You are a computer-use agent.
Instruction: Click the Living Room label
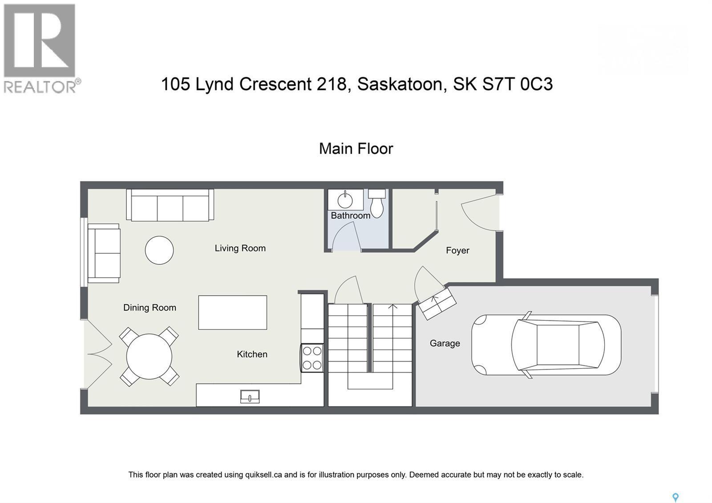[240, 248]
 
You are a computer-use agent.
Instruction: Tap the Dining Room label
[150, 308]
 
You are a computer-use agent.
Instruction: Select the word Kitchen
[252, 354]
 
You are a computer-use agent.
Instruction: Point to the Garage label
[445, 343]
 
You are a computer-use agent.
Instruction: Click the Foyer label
[457, 251]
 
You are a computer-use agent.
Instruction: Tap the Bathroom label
[350, 215]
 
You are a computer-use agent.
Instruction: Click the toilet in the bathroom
[377, 204]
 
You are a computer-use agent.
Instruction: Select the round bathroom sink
[345, 200]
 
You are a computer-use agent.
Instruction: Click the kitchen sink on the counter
[250, 396]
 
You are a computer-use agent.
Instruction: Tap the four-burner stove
[312, 358]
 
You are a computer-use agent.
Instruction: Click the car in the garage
[546, 345]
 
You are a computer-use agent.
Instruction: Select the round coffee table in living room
[159, 250]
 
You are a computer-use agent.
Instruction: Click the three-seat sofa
[170, 205]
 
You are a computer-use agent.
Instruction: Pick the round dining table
[149, 357]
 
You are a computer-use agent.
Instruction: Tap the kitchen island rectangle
[232, 312]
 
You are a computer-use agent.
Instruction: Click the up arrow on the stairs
[392, 307]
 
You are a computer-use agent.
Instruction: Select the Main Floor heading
[356, 149]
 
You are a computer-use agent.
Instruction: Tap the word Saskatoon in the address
[402, 84]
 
